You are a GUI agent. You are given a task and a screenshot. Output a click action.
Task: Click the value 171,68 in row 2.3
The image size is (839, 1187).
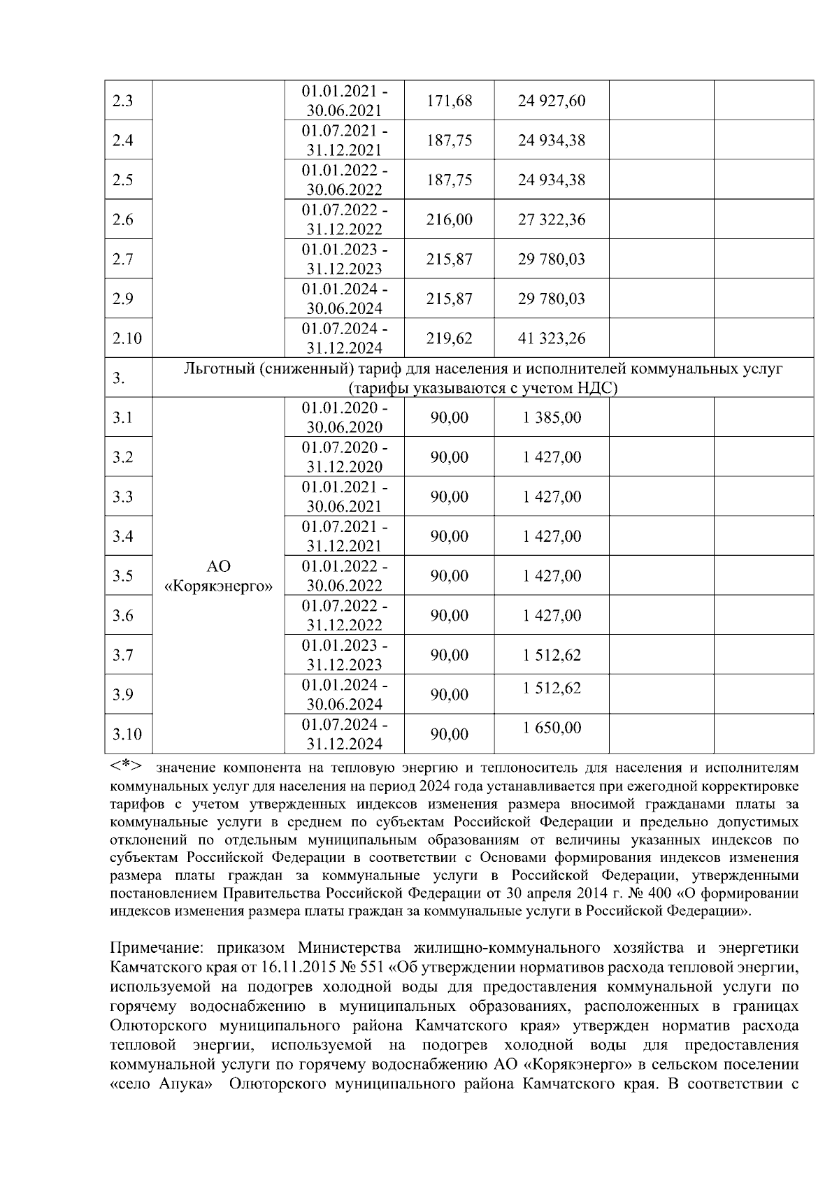coord(449,101)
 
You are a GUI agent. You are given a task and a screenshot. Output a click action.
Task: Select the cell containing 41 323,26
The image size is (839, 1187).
coord(551,338)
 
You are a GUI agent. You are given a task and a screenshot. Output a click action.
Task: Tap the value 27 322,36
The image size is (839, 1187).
coord(551,220)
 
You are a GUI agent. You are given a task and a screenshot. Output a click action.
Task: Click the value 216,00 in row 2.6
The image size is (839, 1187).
coord(449,220)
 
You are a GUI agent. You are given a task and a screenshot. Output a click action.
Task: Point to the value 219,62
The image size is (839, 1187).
coord(449,338)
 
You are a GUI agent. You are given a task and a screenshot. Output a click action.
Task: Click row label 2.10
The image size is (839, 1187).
coord(127,338)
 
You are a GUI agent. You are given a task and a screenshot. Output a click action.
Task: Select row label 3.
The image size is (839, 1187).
coord(119,378)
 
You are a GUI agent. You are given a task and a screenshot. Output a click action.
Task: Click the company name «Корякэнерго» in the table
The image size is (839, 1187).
coord(218,586)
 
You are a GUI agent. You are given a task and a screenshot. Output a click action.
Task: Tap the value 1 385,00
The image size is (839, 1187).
coord(551,417)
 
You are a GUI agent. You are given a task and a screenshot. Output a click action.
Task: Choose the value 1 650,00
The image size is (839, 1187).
coord(551,728)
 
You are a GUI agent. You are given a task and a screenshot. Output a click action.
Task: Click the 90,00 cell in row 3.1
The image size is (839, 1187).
coord(449,417)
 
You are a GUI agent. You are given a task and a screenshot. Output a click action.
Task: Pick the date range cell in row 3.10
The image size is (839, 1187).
coord(344,733)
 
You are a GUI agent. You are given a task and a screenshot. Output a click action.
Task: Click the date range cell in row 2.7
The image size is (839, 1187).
coord(344,259)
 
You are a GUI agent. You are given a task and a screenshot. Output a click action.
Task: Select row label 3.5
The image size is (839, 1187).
coord(122,576)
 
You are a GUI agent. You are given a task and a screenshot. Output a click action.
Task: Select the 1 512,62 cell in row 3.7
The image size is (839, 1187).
coord(551,655)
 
